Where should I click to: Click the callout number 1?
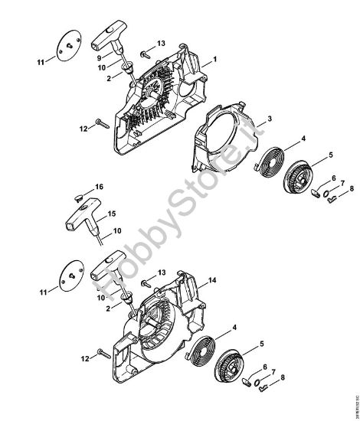[216, 58]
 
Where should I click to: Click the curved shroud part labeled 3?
[222, 142]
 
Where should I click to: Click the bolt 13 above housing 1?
[145, 48]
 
